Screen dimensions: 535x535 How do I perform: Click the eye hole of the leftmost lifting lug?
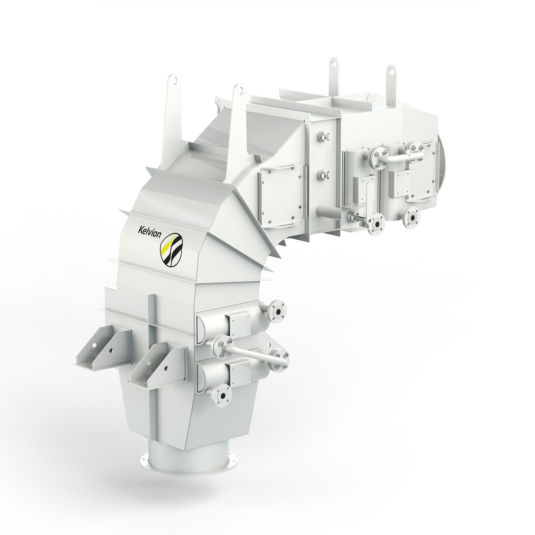point(174,80)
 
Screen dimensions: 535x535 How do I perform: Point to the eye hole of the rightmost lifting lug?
point(391,72)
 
